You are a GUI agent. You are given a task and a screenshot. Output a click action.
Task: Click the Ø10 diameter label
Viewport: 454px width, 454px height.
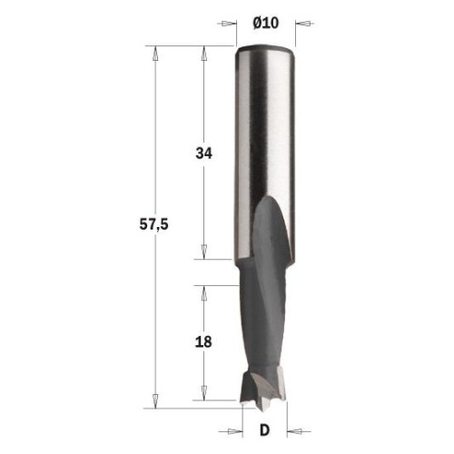point(265,23)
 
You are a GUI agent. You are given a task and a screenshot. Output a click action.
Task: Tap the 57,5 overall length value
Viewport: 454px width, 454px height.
point(153,225)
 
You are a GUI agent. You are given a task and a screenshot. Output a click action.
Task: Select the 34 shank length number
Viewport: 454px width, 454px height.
point(204,153)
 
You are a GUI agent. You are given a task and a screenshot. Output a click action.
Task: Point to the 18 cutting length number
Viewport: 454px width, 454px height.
point(203,342)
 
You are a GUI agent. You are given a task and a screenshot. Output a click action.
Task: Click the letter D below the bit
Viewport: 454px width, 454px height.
point(264,430)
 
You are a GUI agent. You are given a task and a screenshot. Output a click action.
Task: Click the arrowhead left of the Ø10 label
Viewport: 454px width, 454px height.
point(229,24)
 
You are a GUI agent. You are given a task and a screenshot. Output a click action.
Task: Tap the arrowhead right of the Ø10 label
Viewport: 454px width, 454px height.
point(303,24)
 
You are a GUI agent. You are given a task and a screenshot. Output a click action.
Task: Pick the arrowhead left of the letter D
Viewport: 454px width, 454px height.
point(235,431)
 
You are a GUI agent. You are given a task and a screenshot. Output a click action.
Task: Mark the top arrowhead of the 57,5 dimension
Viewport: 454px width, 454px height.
point(155,54)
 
